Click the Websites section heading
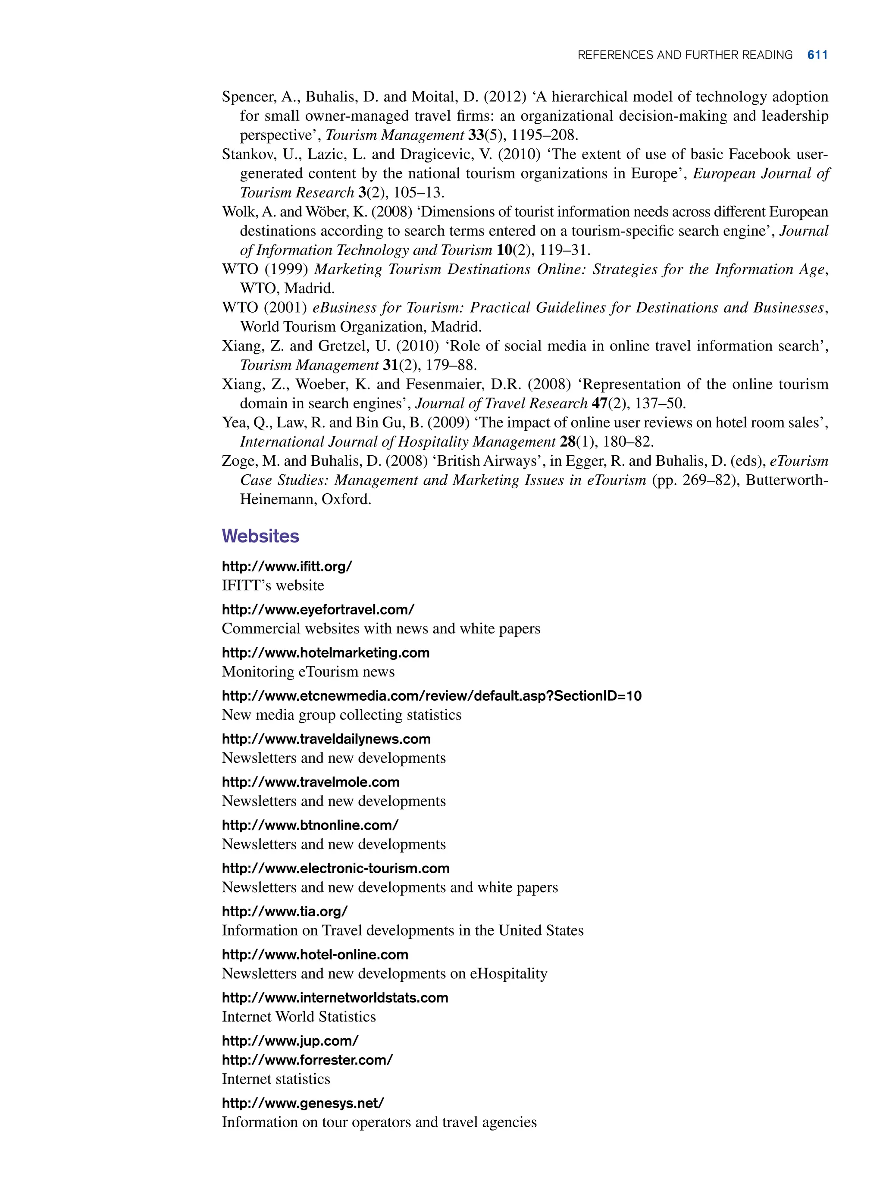(260, 536)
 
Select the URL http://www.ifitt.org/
(286, 567)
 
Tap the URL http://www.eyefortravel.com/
(318, 609)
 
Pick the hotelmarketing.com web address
(326, 653)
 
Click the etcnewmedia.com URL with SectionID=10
(431, 696)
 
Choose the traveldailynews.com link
(326, 739)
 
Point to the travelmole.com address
(310, 782)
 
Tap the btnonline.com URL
(310, 825)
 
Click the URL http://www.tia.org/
(285, 912)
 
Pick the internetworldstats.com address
(335, 997)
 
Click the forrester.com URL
(307, 1060)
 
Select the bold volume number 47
(599, 404)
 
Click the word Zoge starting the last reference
(238, 461)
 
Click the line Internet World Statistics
(299, 1017)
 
